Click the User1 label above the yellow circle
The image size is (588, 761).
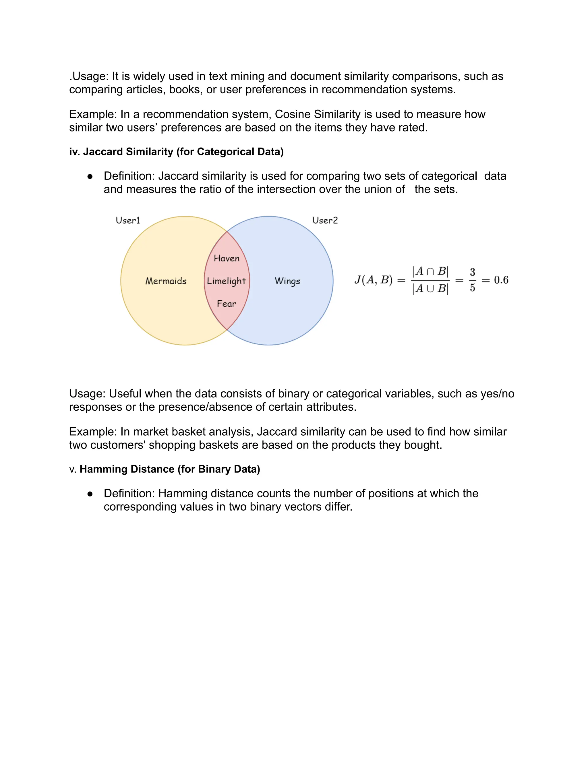point(128,220)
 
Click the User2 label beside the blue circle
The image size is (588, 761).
point(325,220)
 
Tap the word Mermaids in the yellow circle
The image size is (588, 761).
point(166,281)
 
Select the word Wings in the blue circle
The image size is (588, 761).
point(287,281)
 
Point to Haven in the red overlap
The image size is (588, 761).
point(227,258)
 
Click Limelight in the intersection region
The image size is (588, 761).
point(227,281)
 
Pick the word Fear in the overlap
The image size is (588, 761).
point(227,304)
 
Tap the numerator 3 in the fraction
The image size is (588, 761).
point(472,272)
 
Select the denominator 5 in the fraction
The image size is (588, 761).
point(472,288)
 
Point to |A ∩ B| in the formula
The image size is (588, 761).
point(430,271)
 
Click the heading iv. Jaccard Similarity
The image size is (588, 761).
point(176,152)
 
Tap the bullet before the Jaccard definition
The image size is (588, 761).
point(90,177)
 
